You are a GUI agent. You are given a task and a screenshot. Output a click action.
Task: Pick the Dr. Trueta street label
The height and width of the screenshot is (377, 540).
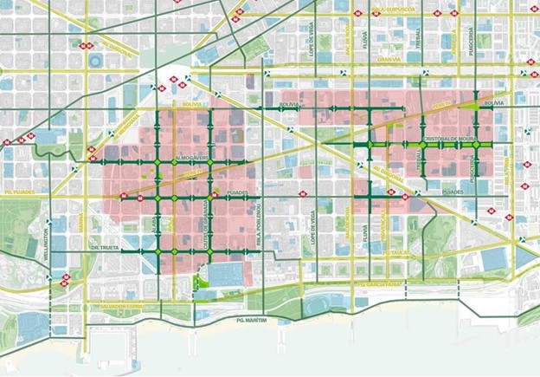pos(106,248)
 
